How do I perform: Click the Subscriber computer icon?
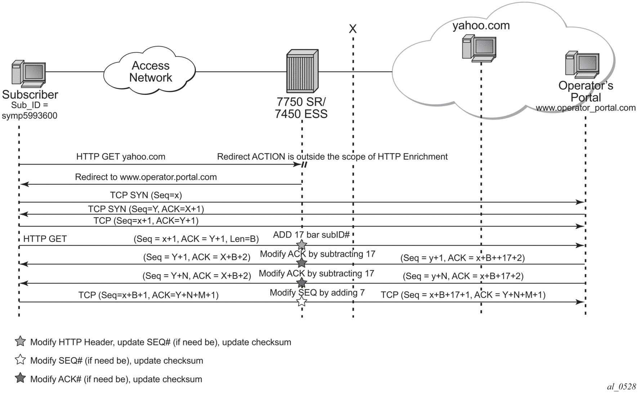(28, 74)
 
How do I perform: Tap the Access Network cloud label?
(151, 71)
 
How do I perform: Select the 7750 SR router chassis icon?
(302, 71)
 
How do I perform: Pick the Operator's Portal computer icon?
(582, 65)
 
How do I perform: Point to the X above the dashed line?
(353, 29)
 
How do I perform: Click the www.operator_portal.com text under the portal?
(585, 108)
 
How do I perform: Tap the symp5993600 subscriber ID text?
(30, 116)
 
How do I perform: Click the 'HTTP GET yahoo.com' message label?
(121, 157)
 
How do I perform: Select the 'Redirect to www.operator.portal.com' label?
(146, 177)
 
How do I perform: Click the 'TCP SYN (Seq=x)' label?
(146, 195)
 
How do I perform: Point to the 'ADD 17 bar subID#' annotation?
(311, 235)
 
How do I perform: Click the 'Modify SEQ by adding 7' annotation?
(317, 292)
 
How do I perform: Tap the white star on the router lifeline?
(302, 301)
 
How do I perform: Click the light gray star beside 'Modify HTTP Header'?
(21, 341)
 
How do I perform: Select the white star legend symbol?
(21, 360)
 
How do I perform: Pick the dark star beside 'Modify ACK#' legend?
(21, 378)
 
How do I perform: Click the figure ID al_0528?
(621, 387)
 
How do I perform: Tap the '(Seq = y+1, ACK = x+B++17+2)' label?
(463, 258)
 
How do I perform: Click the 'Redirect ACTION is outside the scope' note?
(332, 157)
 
